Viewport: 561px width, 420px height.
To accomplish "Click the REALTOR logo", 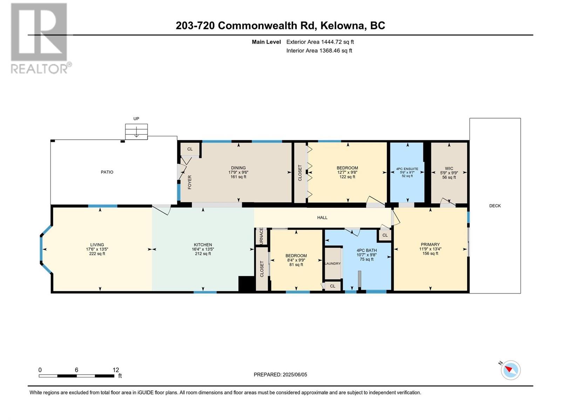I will tap(39, 38).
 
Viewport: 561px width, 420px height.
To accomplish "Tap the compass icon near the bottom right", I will tap(511, 370).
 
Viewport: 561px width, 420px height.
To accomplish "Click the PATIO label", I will tap(107, 172).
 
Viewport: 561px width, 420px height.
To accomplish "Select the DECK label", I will tap(495, 206).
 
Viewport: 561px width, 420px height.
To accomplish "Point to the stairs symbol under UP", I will tap(136, 132).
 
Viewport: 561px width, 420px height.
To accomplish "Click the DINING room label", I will tap(238, 168).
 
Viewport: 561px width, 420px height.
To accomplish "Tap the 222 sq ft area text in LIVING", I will tap(97, 254).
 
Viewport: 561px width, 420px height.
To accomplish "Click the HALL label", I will tap(322, 218).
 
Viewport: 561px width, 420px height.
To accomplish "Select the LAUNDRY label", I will tap(333, 264).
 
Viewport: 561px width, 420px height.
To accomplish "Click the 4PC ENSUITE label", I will tap(407, 169).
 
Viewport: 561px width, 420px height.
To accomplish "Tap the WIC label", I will tap(449, 168).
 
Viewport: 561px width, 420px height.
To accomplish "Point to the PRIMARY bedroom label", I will tap(430, 245).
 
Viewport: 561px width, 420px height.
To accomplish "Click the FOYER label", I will tap(190, 182).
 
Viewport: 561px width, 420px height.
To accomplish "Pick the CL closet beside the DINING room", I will tap(190, 149).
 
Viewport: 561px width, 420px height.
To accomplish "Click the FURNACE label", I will tap(261, 236).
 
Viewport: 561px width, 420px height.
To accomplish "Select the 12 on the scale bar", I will tap(116, 370).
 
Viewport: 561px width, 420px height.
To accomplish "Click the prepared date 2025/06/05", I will tap(294, 374).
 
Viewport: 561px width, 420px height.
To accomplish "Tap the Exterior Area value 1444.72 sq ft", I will tap(337, 42).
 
